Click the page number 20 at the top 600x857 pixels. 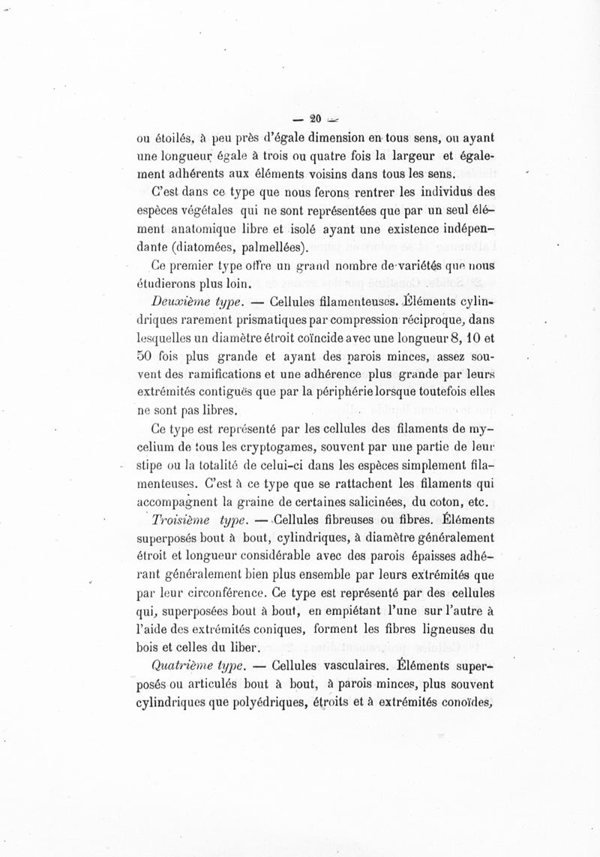[315, 118]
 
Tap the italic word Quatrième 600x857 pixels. [179, 665]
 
